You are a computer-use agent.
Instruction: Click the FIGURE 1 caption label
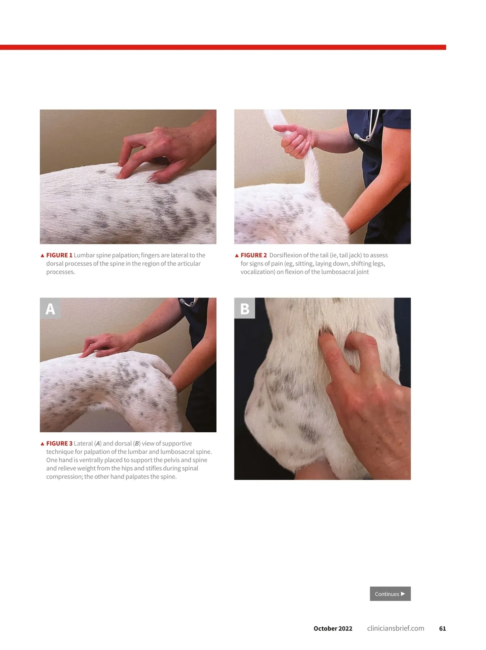coord(59,255)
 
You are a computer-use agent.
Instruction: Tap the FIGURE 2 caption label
coord(254,255)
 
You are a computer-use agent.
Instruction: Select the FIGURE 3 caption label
coord(59,443)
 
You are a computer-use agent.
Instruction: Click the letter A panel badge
coord(50,308)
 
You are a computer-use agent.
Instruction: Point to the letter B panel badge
coord(245,308)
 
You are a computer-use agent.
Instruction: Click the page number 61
coord(442,629)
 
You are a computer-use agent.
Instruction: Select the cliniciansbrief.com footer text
coord(396,629)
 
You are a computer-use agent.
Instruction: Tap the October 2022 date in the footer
coord(333,629)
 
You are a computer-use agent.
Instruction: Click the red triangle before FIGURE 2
coord(237,255)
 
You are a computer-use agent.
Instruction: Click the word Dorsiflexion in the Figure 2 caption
coord(286,255)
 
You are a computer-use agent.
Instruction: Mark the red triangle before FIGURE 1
coord(43,255)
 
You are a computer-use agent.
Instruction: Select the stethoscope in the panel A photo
coord(189,302)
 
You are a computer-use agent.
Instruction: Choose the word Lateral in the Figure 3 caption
coord(83,443)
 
